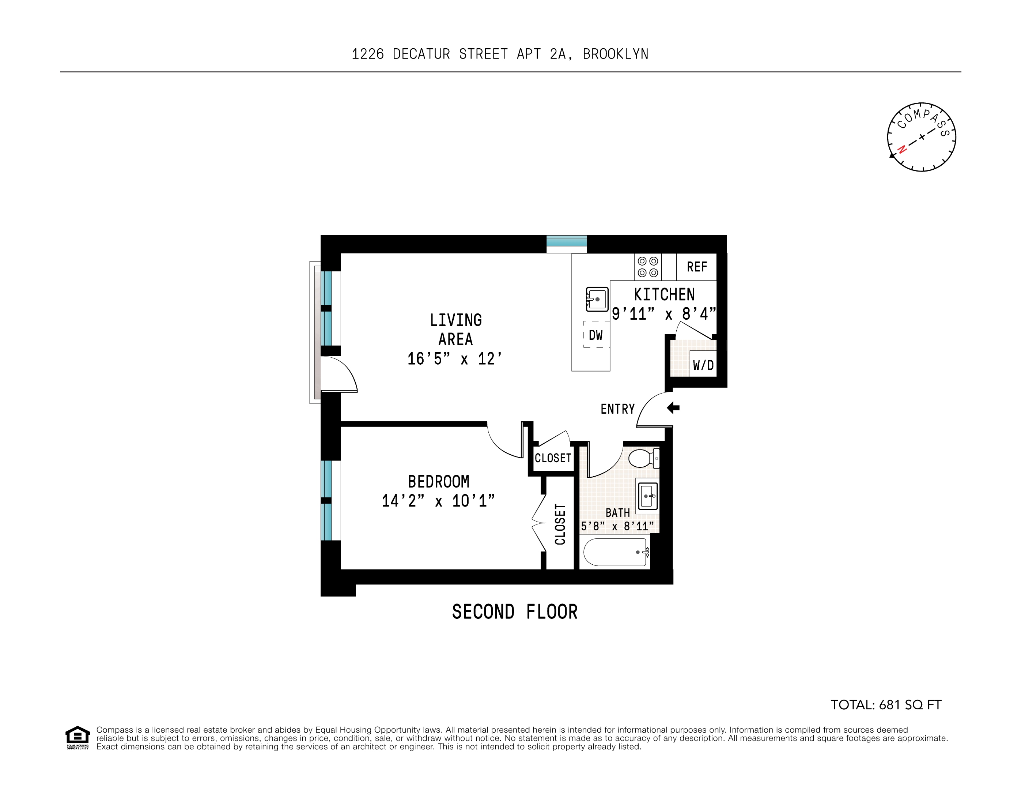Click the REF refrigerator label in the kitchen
696,267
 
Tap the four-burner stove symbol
647,267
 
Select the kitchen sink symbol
597,299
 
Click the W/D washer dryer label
703,365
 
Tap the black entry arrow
673,408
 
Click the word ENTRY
617,409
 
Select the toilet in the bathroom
643,458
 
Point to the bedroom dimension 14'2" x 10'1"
438,501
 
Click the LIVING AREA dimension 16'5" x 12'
454,359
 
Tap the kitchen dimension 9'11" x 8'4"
664,314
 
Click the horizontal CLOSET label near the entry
553,458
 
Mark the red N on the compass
902,150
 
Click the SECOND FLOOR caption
515,612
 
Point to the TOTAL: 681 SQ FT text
885,705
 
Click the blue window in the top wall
567,242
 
